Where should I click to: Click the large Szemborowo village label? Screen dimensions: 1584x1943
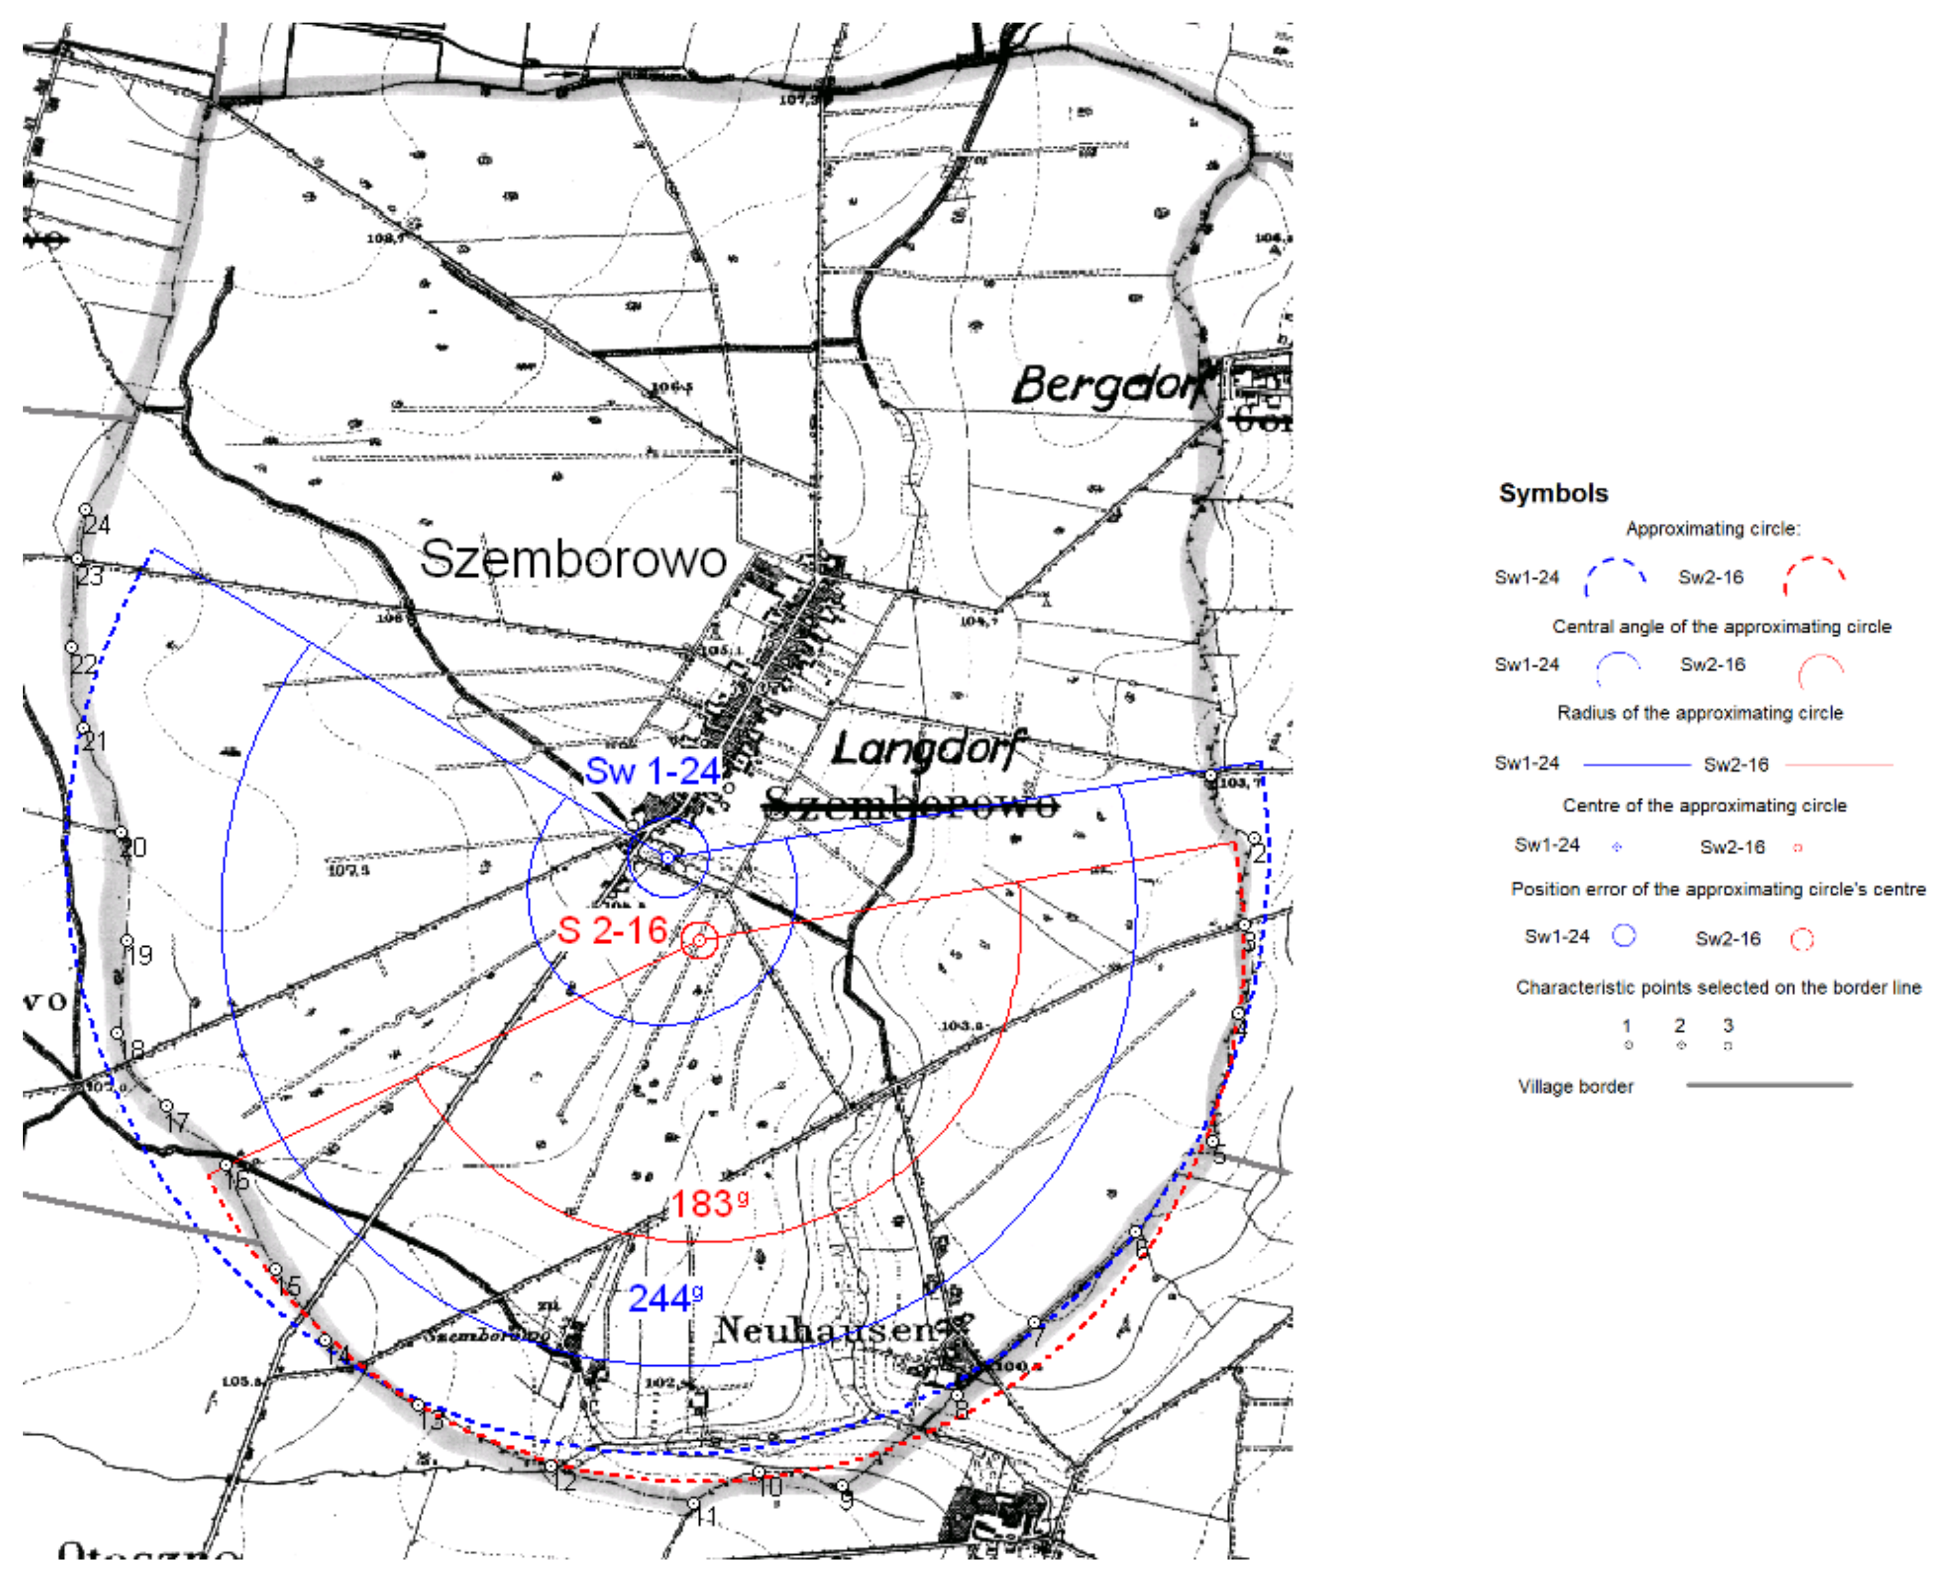tap(572, 559)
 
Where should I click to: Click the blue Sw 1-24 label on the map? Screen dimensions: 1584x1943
tap(652, 771)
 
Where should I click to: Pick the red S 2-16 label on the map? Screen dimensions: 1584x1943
tap(612, 930)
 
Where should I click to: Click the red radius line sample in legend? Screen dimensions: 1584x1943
tap(1837, 765)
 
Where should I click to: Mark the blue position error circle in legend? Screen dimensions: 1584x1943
tap(1624, 935)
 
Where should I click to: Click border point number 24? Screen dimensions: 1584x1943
tap(85, 509)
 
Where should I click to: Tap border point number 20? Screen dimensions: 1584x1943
tap(121, 833)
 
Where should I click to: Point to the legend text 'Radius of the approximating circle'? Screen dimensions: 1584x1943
tap(1699, 713)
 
